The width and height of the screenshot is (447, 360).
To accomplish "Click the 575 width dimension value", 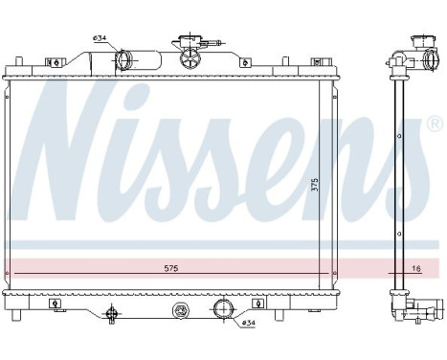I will (170, 267).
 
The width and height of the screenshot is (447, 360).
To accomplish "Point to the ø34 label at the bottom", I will (247, 323).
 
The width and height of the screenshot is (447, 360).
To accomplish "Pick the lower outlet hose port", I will (222, 309).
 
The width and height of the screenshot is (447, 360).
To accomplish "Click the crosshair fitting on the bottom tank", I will (112, 312).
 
